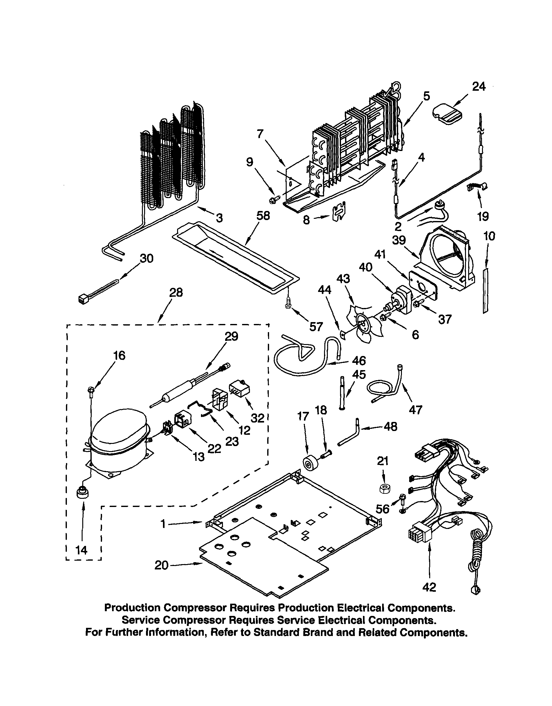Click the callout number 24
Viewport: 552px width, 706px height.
coord(479,87)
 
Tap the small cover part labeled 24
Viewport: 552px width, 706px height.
coord(447,114)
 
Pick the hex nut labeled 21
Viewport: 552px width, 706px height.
coord(384,489)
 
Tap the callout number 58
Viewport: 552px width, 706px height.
coord(263,216)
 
